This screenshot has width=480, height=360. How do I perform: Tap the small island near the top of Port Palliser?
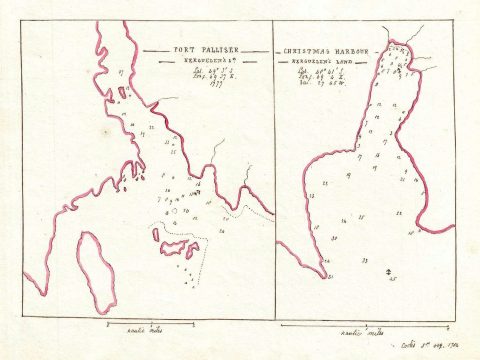pyautogui.click(x=122, y=93)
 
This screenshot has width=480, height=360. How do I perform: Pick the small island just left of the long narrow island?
pyautogui.click(x=156, y=234)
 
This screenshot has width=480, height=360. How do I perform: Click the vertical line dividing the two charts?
pyautogui.click(x=272, y=170)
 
